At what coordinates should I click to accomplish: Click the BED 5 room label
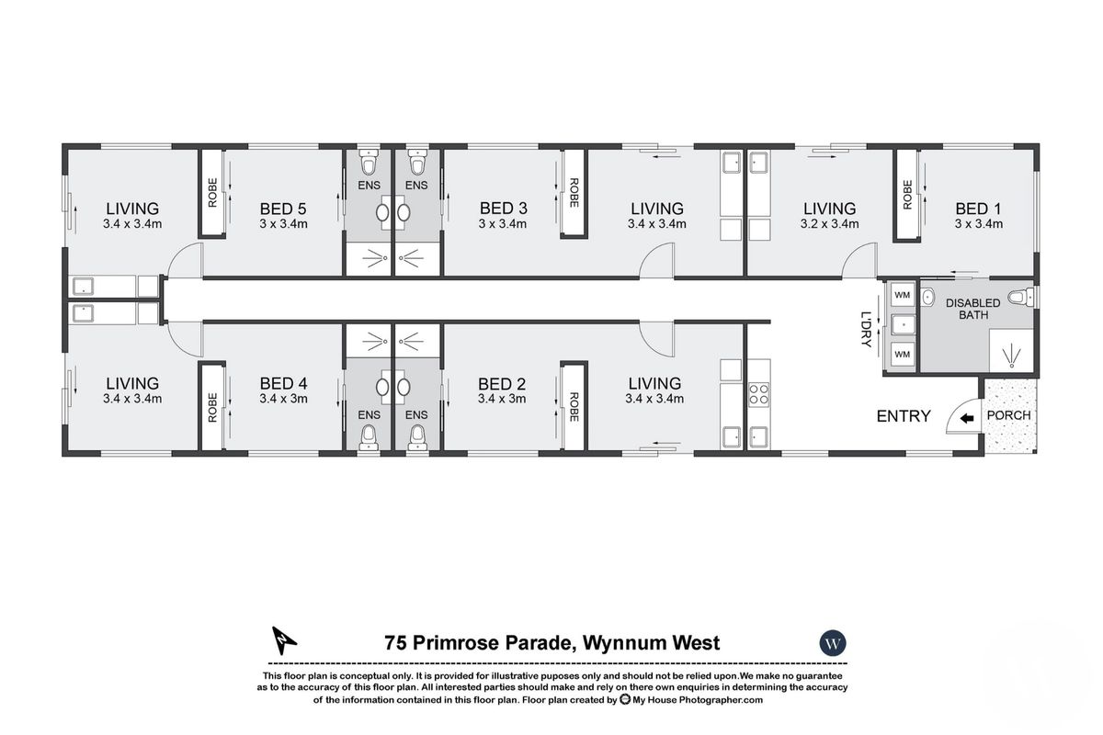pos(282,208)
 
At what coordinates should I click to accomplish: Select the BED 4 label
pos(282,383)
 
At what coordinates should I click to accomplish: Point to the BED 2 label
pos(502,383)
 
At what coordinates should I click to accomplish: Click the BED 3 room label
pos(502,208)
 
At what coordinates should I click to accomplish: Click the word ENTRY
pos(903,416)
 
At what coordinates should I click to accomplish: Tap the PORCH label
pos(1008,415)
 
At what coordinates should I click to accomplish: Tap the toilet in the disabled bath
pos(1019,297)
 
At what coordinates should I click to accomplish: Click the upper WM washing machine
pos(902,295)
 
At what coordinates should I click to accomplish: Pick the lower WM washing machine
pos(902,354)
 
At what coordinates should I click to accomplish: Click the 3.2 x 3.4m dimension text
pos(829,223)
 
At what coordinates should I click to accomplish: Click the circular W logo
pos(832,643)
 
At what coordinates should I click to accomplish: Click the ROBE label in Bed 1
pos(907,193)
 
